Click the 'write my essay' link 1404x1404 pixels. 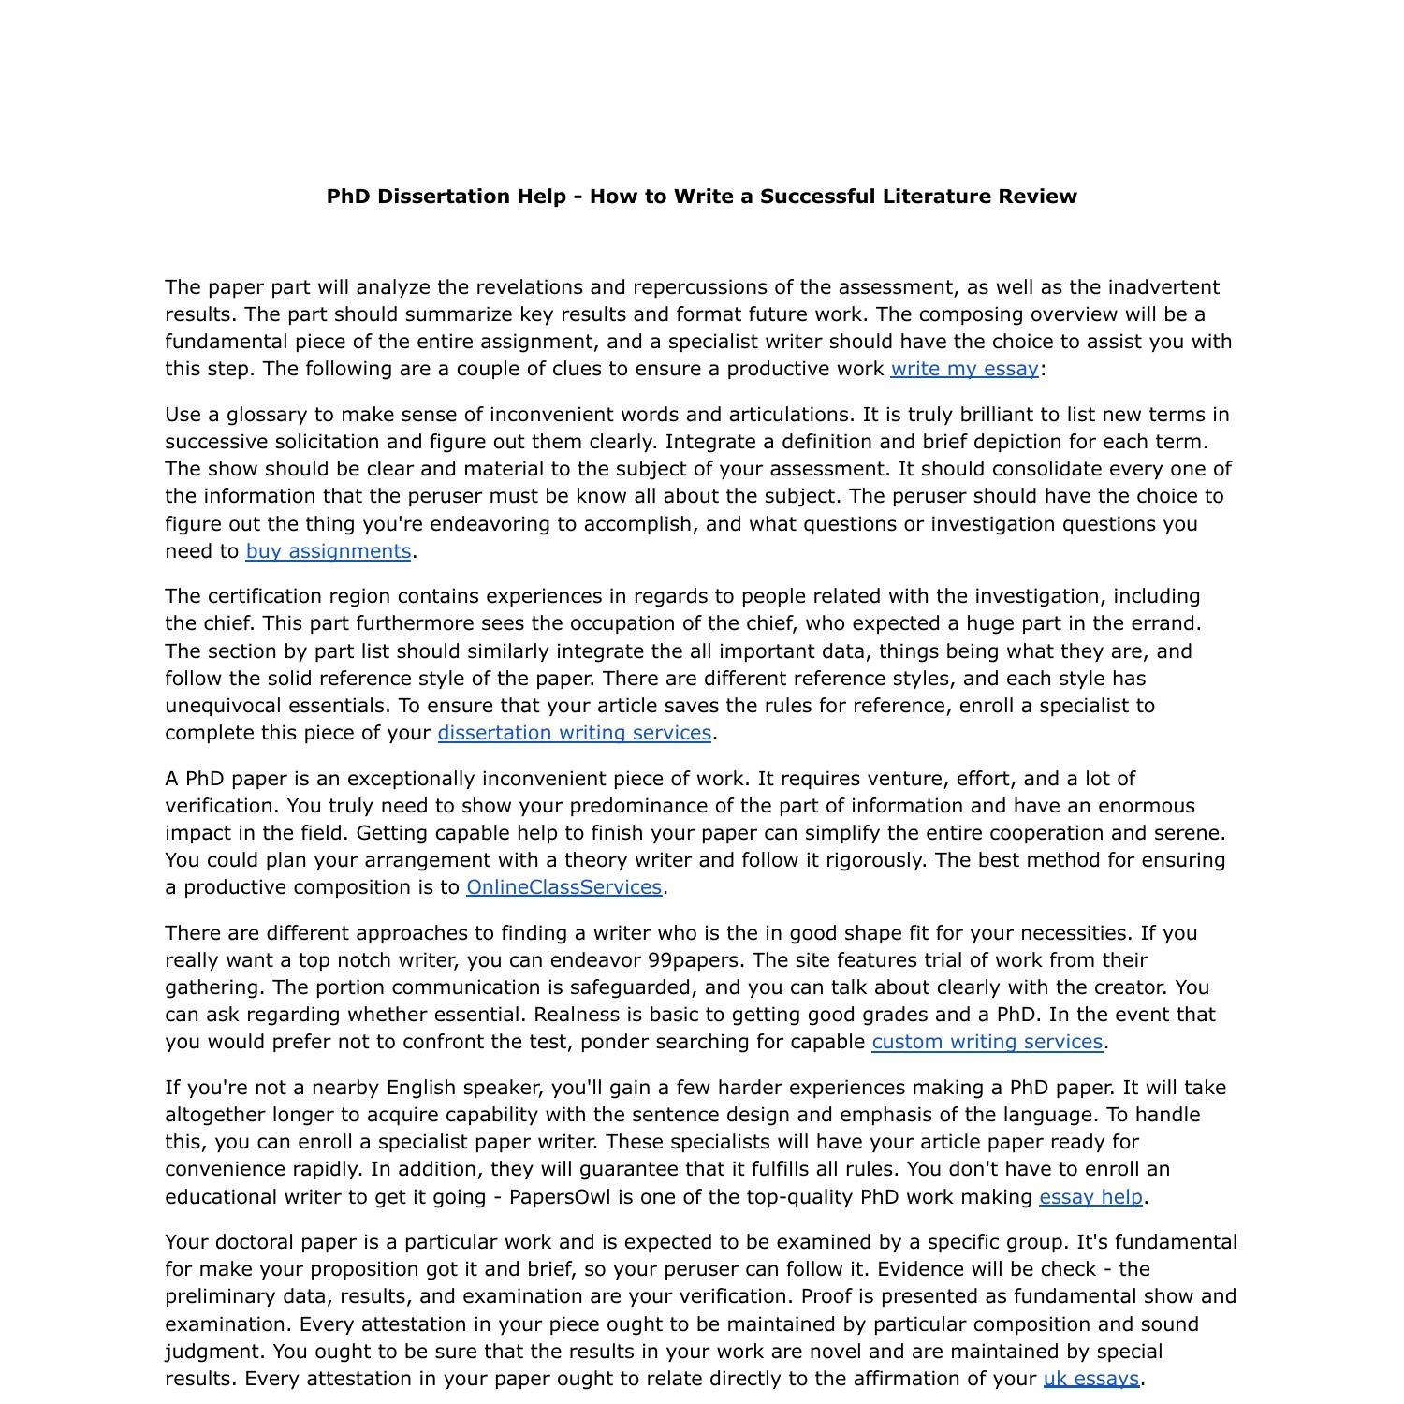(964, 369)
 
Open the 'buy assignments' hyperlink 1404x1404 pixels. (328, 551)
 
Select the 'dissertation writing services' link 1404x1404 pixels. (574, 733)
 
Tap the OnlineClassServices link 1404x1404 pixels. (563, 887)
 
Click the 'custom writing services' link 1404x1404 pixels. (987, 1042)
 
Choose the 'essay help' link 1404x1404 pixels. (1090, 1197)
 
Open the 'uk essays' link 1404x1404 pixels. (1090, 1379)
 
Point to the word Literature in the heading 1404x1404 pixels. (937, 197)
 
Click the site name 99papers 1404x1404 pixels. (694, 960)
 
